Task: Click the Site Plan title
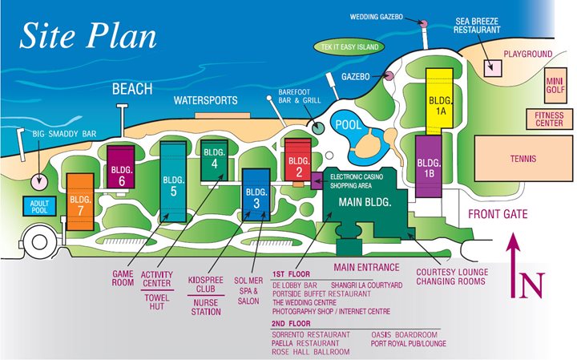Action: (88, 35)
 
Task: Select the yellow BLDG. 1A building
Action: (440, 100)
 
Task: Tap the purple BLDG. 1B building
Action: (430, 165)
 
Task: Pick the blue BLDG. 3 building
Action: (256, 197)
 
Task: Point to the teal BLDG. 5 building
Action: (173, 180)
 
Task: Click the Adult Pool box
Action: (39, 208)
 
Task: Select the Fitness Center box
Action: (549, 119)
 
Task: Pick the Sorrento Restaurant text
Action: (312, 334)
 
